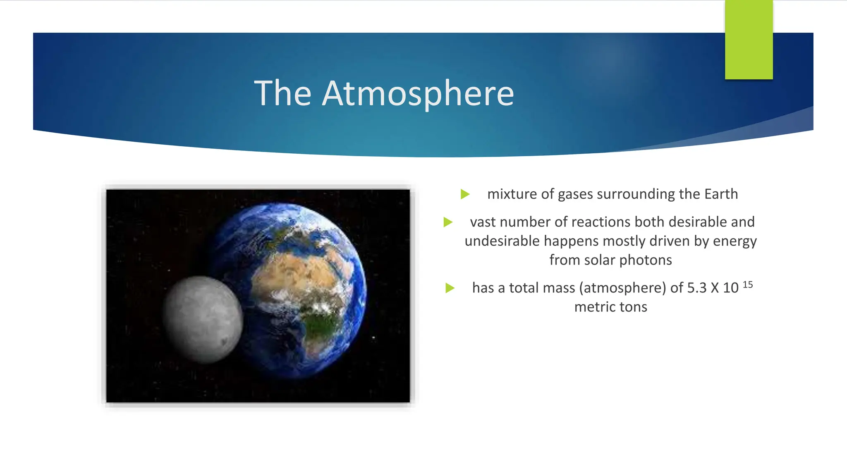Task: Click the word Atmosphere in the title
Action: tap(418, 93)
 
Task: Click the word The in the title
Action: tap(282, 93)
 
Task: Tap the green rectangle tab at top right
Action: tap(749, 40)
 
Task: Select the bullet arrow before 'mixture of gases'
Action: tap(465, 194)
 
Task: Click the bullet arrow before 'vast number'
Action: tap(448, 222)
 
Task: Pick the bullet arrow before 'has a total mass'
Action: tap(450, 288)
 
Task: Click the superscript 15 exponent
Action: tap(747, 285)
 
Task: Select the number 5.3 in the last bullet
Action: tap(696, 288)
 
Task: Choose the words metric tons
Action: tap(610, 307)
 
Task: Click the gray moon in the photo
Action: tap(203, 319)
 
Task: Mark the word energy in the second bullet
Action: tap(735, 241)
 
